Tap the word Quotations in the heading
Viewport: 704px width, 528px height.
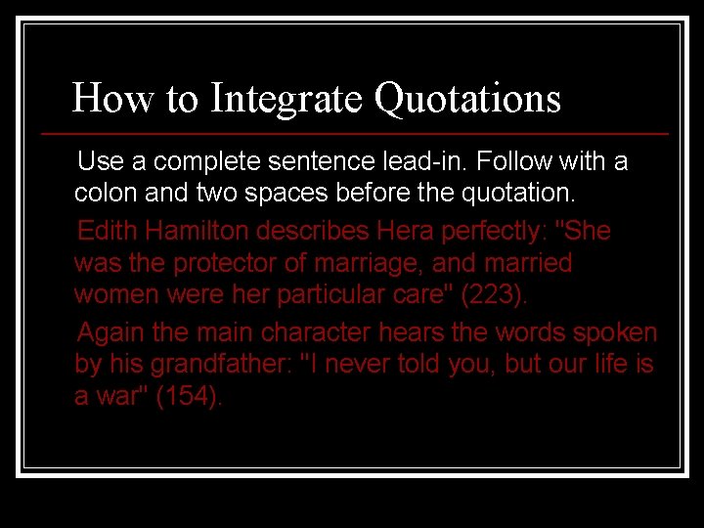(467, 99)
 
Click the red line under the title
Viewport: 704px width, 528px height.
(355, 133)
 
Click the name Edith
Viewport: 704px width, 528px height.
(109, 232)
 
